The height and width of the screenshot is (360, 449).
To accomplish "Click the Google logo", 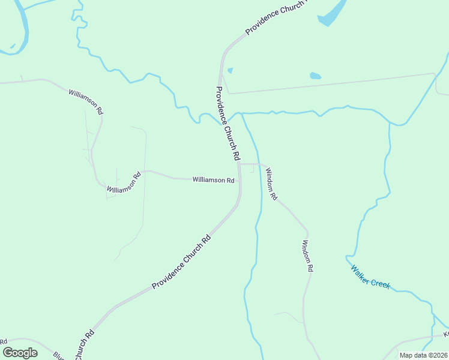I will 20,353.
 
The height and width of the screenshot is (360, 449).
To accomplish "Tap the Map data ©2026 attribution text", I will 423,355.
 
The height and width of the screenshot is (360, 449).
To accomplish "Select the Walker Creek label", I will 370,277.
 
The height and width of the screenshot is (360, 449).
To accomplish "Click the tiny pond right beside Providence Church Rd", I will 230,70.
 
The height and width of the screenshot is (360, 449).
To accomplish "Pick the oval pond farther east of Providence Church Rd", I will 315,76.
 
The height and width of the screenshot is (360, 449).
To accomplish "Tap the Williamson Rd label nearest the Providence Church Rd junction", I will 213,180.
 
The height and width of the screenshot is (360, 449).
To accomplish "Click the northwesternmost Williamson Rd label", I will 86,102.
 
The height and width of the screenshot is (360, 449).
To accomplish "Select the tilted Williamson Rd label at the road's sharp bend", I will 124,182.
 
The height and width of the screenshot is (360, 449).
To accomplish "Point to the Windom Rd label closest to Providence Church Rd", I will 272,184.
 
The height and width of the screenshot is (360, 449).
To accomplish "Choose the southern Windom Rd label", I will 307,257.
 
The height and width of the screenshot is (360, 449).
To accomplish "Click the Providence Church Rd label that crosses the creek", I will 228,124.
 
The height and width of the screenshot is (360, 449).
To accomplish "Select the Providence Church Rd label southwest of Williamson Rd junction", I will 181,262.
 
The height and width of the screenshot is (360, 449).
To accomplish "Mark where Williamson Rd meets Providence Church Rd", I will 240,180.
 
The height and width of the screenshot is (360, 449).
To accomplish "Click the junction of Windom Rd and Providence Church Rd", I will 241,163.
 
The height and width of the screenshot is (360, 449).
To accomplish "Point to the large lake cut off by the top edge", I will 334,12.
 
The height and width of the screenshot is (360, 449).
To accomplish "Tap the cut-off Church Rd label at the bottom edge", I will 84,345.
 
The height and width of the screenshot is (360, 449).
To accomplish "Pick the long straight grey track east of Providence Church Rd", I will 330,83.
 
